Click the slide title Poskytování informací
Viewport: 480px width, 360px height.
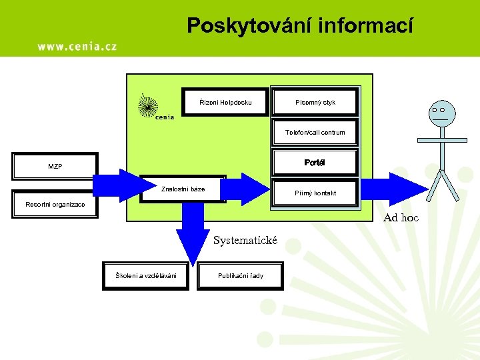299,25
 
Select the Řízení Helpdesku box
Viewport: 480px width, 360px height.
226,102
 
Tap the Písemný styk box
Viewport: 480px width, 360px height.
315,102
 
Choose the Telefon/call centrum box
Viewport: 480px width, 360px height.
315,132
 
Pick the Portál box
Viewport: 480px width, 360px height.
315,163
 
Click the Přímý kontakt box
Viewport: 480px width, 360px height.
315,193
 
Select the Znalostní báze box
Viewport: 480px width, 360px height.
183,189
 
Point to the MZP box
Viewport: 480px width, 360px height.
55,166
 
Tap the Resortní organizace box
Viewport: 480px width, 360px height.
55,205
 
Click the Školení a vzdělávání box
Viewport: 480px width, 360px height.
146,275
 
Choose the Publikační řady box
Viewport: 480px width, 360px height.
241,275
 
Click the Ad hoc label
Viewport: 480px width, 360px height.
401,217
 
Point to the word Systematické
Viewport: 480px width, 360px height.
245,240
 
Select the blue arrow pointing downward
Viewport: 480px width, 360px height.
192,237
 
